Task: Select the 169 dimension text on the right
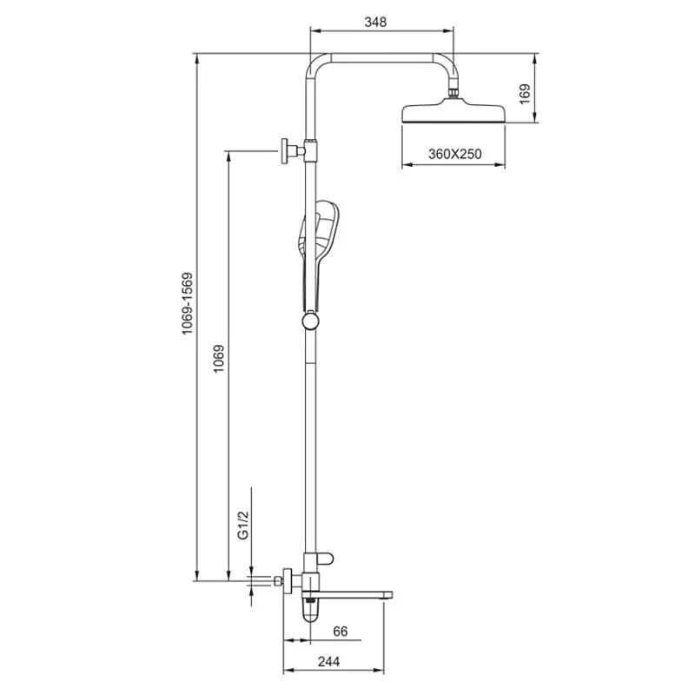(x=524, y=93)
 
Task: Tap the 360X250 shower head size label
(x=454, y=154)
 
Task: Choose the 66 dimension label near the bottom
(x=341, y=632)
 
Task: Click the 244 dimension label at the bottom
(x=328, y=662)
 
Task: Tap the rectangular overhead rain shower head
(x=453, y=114)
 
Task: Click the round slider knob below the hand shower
(x=309, y=323)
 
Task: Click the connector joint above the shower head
(x=453, y=90)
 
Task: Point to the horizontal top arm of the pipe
(x=382, y=58)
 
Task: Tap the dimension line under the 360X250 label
(x=453, y=166)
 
